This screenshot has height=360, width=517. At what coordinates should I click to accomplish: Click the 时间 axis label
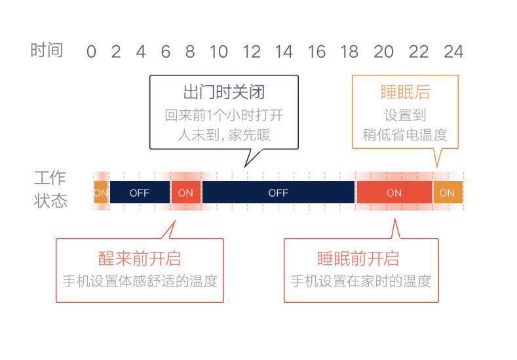pyautogui.click(x=47, y=50)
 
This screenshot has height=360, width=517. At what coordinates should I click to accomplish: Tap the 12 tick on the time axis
pyautogui.click(x=251, y=51)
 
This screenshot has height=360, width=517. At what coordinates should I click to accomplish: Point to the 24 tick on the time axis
pyautogui.click(x=453, y=51)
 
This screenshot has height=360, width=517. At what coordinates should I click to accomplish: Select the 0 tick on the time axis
pyautogui.click(x=91, y=51)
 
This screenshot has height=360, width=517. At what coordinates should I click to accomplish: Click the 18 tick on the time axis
pyautogui.click(x=350, y=51)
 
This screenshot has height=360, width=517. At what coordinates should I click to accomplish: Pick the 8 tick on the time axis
pyautogui.click(x=190, y=51)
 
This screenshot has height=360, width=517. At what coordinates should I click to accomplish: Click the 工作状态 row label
pyautogui.click(x=51, y=189)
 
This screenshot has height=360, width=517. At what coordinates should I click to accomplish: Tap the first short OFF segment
pyautogui.click(x=140, y=193)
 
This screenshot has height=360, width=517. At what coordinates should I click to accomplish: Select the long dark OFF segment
pyautogui.click(x=278, y=193)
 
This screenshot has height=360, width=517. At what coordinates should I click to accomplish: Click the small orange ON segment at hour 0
pyautogui.click(x=100, y=193)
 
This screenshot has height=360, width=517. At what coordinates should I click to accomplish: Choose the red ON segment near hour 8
pyautogui.click(x=185, y=193)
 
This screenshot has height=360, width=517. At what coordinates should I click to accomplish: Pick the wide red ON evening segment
pyautogui.click(x=394, y=193)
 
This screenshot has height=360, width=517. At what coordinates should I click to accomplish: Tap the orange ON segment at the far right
pyautogui.click(x=447, y=193)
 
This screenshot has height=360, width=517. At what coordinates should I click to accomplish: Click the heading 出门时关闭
pyautogui.click(x=223, y=92)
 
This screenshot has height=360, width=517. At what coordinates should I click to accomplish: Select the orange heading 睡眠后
pyautogui.click(x=405, y=92)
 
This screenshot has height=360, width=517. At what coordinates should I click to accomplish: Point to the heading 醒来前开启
pyautogui.click(x=140, y=258)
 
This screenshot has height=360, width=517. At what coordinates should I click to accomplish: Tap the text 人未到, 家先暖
pyautogui.click(x=224, y=136)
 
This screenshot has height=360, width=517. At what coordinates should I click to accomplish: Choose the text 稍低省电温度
pyautogui.click(x=405, y=136)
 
